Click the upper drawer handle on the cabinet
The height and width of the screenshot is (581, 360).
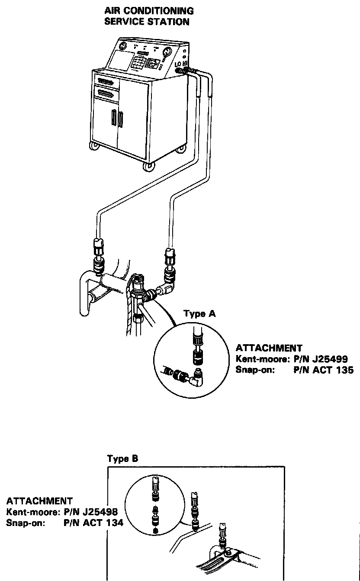(107, 81)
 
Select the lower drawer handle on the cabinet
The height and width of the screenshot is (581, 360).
(106, 92)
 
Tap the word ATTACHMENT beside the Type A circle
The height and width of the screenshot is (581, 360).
(269, 348)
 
